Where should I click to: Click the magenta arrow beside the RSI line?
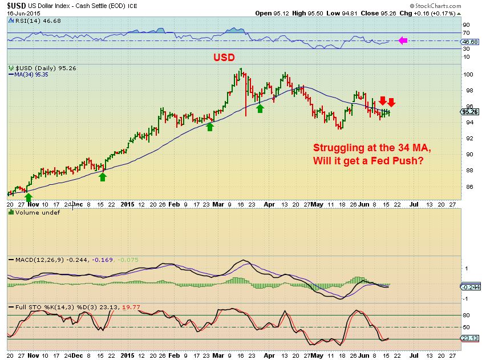click(x=402, y=41)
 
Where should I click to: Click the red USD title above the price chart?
click(x=225, y=58)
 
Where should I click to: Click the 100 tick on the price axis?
click(x=466, y=74)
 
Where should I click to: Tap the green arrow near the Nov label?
click(x=29, y=197)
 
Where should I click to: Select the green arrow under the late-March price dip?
click(x=260, y=107)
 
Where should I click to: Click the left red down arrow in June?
click(x=382, y=101)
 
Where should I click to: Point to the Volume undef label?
click(x=29, y=213)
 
